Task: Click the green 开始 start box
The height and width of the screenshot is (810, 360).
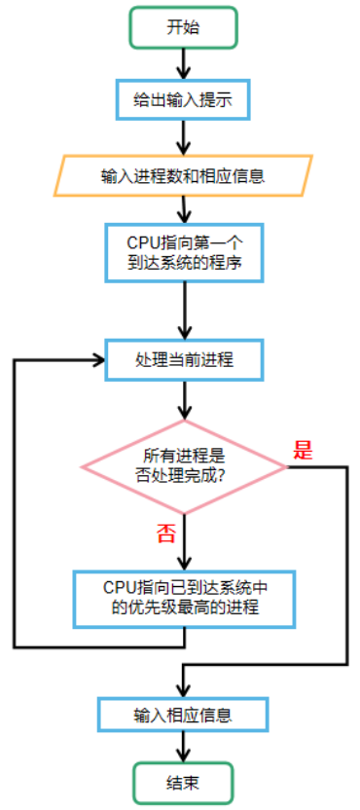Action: click(x=183, y=27)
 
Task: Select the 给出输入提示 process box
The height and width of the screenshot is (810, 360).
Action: click(x=183, y=99)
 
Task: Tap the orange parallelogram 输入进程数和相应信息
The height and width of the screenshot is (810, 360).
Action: click(x=183, y=176)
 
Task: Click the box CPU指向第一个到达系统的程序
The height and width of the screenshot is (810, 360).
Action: click(x=183, y=251)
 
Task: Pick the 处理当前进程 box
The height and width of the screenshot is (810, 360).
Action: click(x=183, y=359)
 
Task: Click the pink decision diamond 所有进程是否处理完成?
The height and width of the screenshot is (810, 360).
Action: click(x=184, y=466)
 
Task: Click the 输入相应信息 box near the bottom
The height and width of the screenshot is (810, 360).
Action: click(x=183, y=715)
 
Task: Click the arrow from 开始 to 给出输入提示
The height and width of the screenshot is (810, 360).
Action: click(x=183, y=63)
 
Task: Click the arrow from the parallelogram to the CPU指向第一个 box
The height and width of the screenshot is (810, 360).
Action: click(x=183, y=209)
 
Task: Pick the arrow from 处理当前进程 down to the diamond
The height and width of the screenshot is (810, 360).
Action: click(x=183, y=401)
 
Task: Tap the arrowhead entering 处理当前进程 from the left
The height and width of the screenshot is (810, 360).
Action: click(x=97, y=359)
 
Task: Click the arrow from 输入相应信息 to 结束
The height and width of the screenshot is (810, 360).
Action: click(x=183, y=747)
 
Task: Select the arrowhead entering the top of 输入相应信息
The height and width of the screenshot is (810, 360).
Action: click(x=183, y=688)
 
